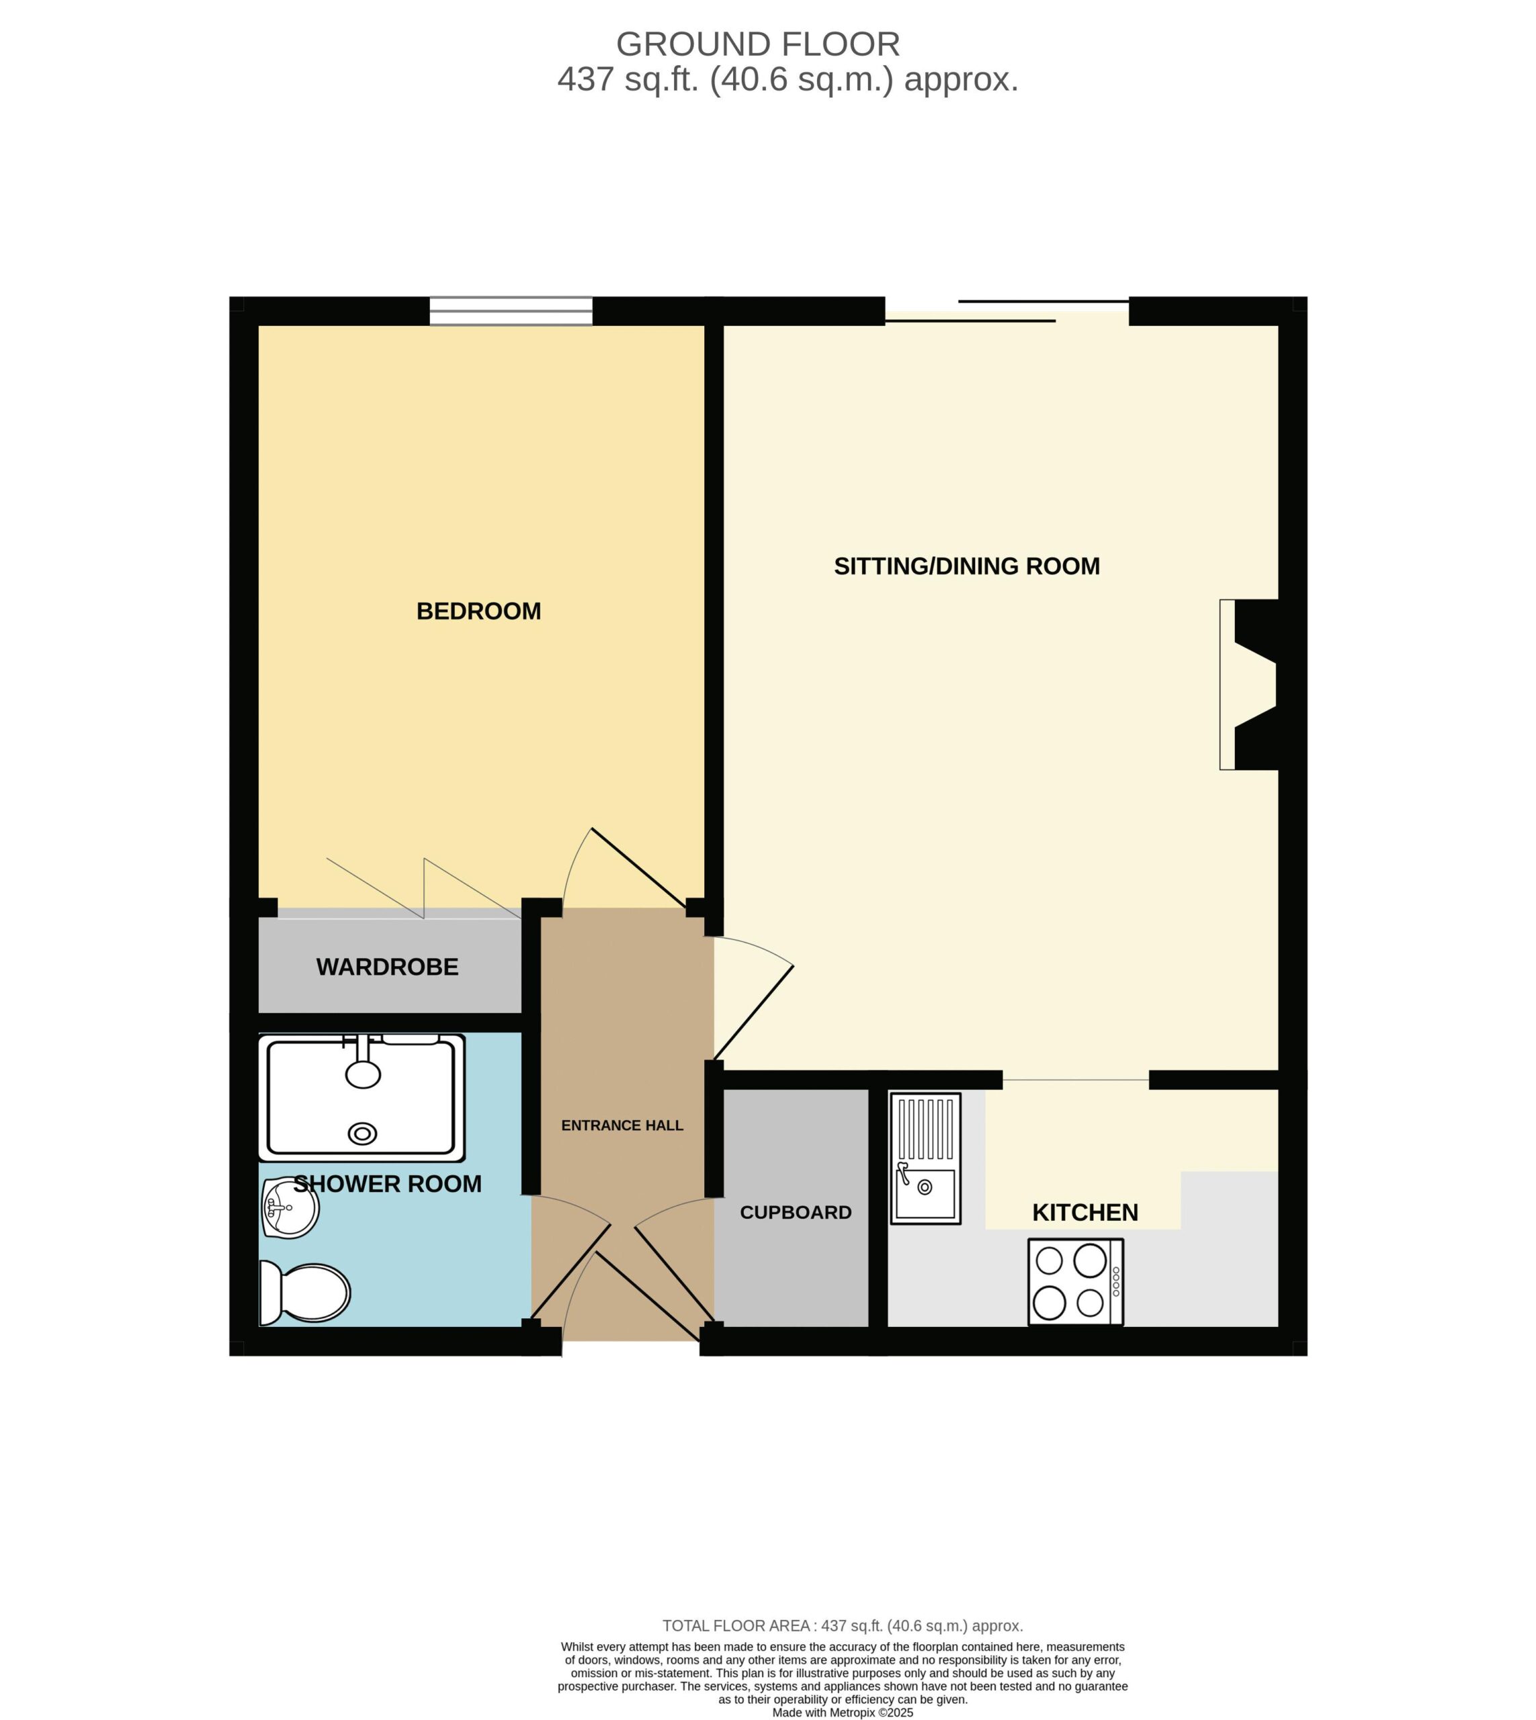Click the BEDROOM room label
478,611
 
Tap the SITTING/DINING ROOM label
966,566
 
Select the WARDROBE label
388,967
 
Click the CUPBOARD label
796,1212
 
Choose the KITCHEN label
1085,1212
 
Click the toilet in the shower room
304,1292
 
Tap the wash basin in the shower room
290,1208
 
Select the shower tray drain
363,1134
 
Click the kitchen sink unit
925,1158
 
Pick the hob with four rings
1075,1281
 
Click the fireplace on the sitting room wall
1249,685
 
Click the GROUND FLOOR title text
758,44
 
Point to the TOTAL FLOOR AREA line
843,1625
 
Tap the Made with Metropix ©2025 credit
843,1713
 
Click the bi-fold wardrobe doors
424,888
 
